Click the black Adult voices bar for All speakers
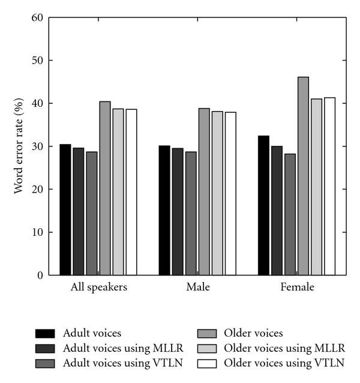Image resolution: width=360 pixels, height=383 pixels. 65,210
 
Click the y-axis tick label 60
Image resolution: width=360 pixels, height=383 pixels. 38,17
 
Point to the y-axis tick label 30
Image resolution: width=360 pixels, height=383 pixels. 38,146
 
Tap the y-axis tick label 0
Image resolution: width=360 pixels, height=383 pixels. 40,276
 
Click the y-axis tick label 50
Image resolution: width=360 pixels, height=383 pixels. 38,61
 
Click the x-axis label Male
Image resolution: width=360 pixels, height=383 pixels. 198,288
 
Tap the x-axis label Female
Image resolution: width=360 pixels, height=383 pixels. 297,288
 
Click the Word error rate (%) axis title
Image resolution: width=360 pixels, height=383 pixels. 20,147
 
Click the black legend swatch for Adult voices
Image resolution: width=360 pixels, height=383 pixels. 46,333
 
